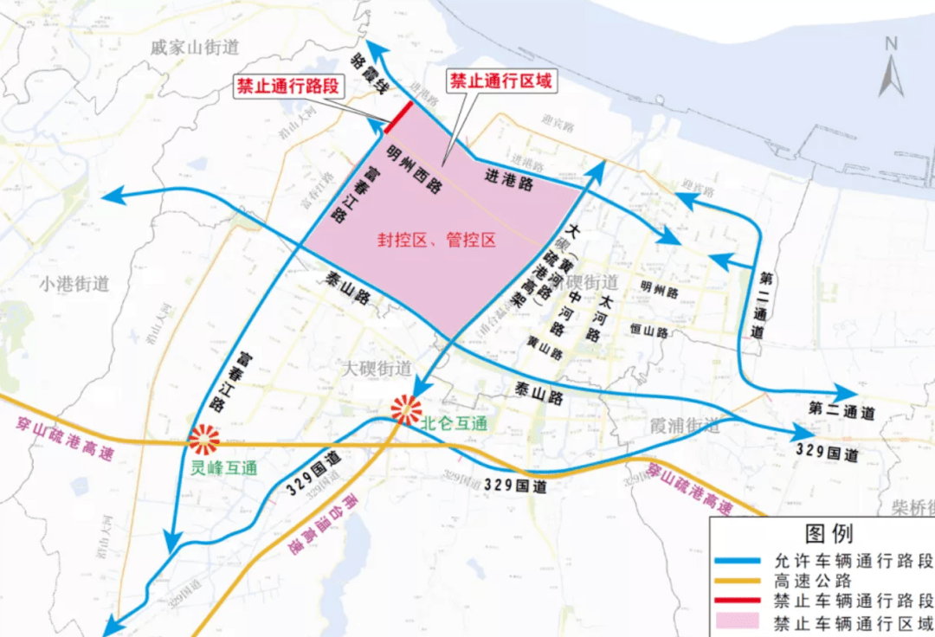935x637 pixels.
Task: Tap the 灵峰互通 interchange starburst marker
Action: point(204,441)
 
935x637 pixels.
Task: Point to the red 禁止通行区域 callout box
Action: point(501,81)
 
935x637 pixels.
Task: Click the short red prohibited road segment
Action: point(399,116)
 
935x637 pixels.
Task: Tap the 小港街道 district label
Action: point(74,284)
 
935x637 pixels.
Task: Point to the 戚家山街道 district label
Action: point(194,48)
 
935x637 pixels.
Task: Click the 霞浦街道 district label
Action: point(684,426)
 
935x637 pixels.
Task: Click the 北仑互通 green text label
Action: point(455,423)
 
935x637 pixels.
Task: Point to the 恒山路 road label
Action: point(649,331)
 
